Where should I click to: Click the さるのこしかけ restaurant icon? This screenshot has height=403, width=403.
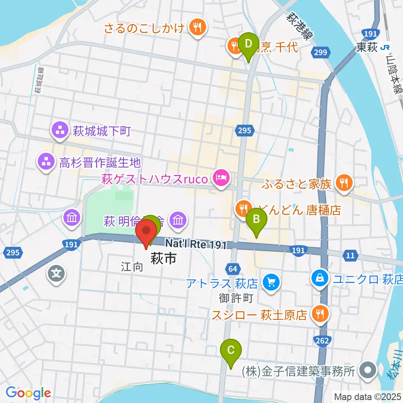(x=196, y=28)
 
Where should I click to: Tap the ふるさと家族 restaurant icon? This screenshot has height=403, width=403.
(x=344, y=183)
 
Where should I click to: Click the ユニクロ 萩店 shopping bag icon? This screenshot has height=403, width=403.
(x=320, y=278)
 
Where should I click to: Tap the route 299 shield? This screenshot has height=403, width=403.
(x=320, y=51)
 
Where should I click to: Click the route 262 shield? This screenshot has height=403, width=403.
(x=322, y=340)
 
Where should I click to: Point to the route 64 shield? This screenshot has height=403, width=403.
(x=233, y=268)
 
